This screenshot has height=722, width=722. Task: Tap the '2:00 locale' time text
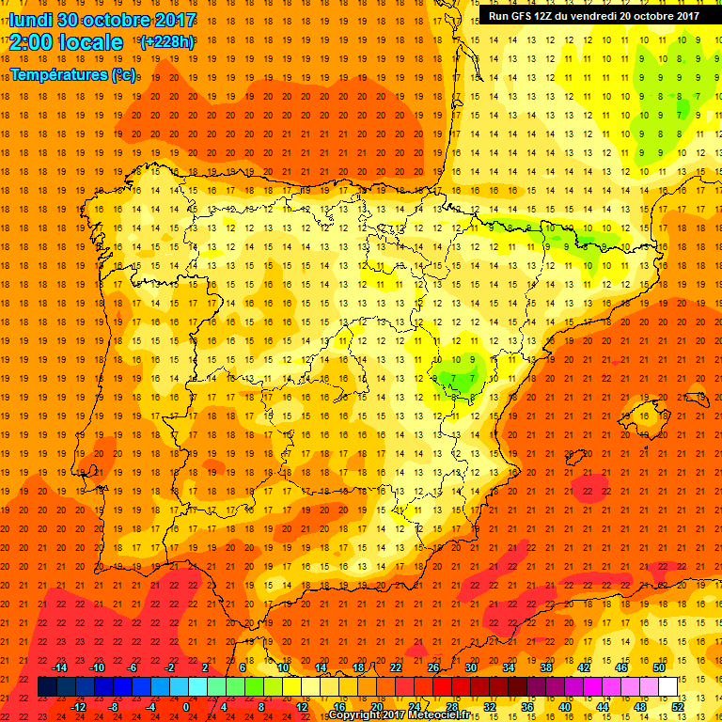pyautogui.click(x=66, y=42)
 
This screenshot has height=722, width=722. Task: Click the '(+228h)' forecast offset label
pyautogui.click(x=166, y=41)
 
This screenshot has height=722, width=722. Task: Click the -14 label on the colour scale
pyautogui.click(x=59, y=667)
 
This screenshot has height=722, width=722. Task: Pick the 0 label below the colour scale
pyautogui.click(x=186, y=707)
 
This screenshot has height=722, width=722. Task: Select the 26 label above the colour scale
pyautogui.click(x=433, y=667)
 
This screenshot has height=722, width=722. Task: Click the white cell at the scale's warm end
pyautogui.click(x=668, y=686)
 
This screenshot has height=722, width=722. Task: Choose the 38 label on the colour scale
pyautogui.click(x=546, y=667)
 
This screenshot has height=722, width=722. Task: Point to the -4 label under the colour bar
pyautogui.click(x=149, y=707)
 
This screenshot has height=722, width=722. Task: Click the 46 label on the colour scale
pyautogui.click(x=621, y=667)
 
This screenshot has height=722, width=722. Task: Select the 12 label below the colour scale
pyautogui.click(x=303, y=707)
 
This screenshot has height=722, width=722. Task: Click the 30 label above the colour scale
pyautogui.click(x=471, y=667)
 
